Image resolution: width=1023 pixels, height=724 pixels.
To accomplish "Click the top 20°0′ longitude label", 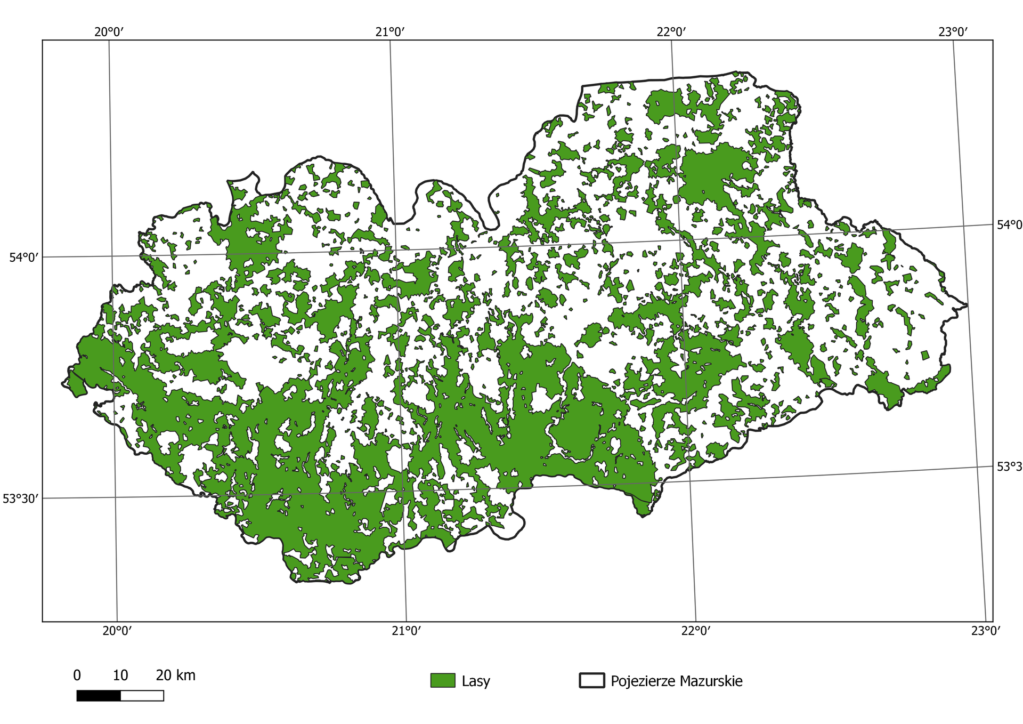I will [109, 31].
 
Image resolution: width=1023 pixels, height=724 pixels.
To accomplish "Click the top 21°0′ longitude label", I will [390, 31].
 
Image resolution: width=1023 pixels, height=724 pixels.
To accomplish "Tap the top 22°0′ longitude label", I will [671, 31].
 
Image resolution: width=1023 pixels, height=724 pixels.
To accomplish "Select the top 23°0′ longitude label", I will [953, 31].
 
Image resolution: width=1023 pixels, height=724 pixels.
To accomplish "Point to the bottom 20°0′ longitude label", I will [117, 631].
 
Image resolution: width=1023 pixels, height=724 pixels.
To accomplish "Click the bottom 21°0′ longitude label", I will [407, 631].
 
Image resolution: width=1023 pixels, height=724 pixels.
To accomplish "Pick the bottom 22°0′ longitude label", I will [696, 631].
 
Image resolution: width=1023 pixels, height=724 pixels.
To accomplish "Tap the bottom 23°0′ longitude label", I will [985, 631].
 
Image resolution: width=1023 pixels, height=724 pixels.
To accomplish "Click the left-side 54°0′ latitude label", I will [24, 258].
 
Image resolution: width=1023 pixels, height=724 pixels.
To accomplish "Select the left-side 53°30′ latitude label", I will [21, 498].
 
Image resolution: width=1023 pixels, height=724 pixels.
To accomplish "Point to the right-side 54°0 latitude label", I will [1009, 225].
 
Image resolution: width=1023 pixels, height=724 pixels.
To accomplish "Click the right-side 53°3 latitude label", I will [1009, 467].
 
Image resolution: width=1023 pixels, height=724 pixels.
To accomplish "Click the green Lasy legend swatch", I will [443, 681].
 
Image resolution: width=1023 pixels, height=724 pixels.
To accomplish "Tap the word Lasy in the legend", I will [476, 681].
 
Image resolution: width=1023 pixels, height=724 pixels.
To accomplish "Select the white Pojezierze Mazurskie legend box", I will [591, 681].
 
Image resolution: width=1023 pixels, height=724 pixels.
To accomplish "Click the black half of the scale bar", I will [99, 696].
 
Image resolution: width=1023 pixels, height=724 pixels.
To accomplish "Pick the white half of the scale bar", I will [142, 696].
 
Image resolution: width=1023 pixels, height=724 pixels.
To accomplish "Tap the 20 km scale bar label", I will [175, 675].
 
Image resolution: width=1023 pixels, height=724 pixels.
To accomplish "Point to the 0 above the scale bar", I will [77, 675].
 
